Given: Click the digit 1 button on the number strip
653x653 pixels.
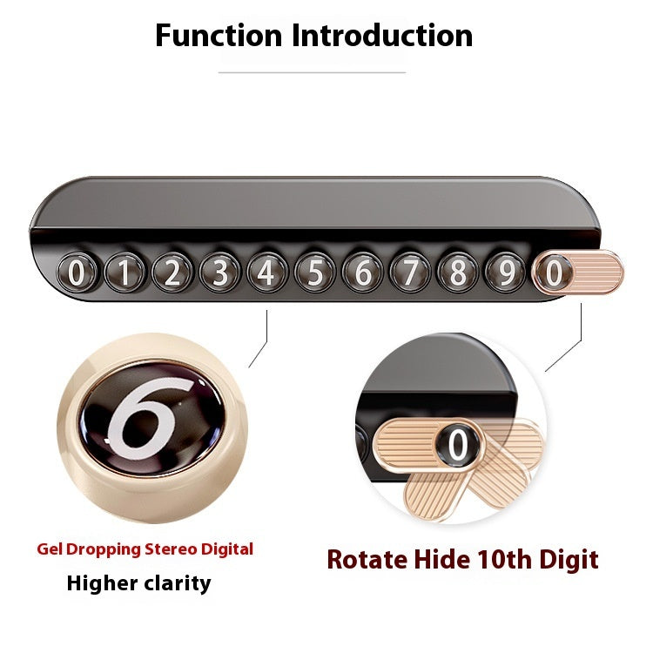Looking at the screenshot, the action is (x=125, y=273).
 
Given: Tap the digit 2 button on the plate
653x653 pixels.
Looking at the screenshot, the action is (x=172, y=273).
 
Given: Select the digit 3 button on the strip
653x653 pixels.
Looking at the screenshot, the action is (x=220, y=273).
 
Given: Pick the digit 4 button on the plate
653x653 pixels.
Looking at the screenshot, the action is (x=267, y=273).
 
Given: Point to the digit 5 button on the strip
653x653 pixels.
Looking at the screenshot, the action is (x=315, y=273).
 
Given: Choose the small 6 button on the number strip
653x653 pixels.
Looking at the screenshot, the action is (x=363, y=273).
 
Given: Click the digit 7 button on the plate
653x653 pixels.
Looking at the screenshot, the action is (x=411, y=273).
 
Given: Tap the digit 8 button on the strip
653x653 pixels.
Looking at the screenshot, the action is (x=458, y=273).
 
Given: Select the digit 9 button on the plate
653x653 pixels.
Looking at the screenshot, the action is (x=506, y=273).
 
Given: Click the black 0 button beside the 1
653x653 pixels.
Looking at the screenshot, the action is (x=77, y=273).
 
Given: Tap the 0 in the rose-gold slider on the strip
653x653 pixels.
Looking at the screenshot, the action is (x=554, y=273).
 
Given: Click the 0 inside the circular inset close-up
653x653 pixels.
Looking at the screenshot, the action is (x=458, y=445).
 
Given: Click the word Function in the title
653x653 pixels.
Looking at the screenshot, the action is (x=219, y=36).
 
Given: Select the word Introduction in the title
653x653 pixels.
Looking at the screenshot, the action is (x=382, y=36).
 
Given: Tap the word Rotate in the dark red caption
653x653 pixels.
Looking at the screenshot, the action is (x=367, y=559).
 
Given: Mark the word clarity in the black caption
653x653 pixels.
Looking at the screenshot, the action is (x=178, y=584).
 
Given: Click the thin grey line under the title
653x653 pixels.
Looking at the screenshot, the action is (x=312, y=72).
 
